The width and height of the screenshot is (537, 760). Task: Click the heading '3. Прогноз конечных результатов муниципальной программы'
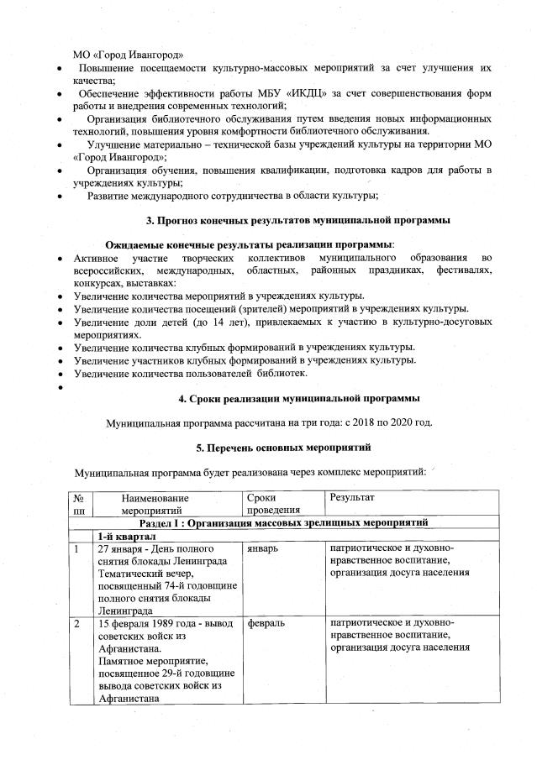[298, 220]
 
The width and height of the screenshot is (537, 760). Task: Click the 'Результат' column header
[352, 498]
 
